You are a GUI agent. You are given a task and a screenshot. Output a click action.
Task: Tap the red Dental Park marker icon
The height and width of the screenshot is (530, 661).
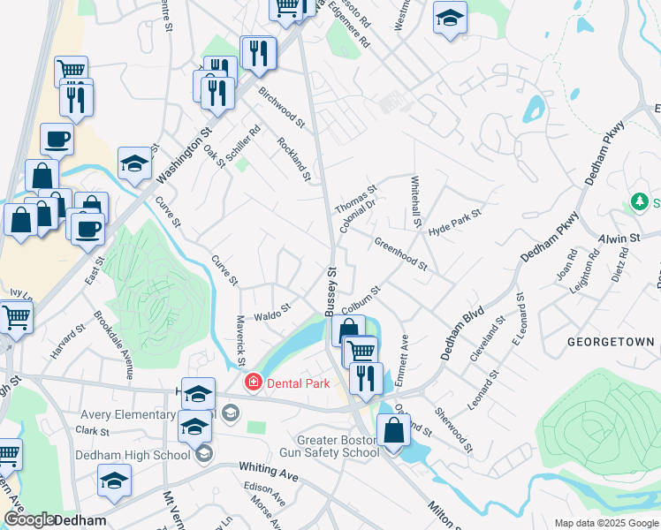[254, 382]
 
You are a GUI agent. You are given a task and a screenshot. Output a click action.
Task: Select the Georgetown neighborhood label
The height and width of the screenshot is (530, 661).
[611, 342]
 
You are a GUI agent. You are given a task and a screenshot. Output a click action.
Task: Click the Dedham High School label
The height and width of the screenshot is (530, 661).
[134, 455]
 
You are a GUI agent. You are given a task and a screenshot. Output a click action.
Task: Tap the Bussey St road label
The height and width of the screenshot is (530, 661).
[331, 291]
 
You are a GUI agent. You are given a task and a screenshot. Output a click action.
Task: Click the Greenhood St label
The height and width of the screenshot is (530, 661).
[400, 254]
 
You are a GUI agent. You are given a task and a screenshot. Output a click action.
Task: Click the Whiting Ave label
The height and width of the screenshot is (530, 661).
[268, 472]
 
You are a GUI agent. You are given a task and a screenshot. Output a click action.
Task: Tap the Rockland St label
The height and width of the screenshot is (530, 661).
[294, 159]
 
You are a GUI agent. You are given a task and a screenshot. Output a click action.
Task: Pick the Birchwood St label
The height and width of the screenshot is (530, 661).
[281, 107]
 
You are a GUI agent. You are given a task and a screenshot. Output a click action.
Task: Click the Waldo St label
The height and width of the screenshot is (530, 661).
[272, 312]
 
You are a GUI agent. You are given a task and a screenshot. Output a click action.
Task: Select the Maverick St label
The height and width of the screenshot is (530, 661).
[240, 341]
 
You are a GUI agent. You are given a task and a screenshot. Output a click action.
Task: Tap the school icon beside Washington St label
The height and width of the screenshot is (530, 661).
[133, 163]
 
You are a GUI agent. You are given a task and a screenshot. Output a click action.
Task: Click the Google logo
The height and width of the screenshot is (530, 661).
[28, 519]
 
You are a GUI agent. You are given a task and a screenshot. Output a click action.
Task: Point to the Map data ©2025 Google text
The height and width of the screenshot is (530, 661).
[605, 523]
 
